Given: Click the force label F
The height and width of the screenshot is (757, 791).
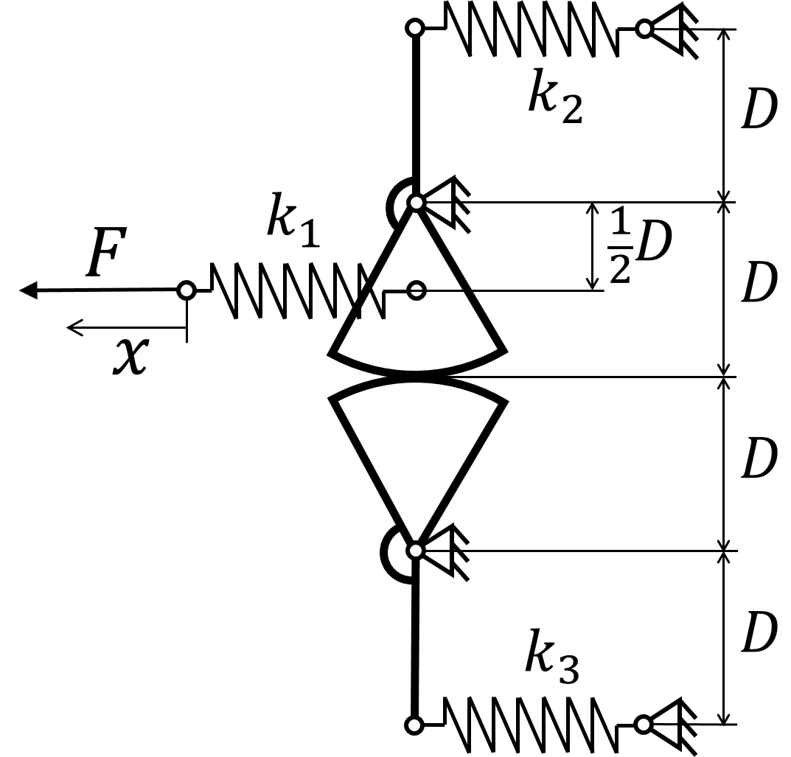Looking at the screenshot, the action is (x=106, y=251).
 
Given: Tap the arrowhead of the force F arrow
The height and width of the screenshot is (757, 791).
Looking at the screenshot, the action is (x=28, y=290).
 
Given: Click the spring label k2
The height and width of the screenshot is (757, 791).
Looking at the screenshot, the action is (x=555, y=97).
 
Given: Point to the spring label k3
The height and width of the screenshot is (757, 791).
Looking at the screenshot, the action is (x=552, y=657).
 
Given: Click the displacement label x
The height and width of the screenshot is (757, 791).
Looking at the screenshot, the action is (x=130, y=355).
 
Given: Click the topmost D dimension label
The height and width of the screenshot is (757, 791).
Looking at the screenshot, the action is (x=759, y=109).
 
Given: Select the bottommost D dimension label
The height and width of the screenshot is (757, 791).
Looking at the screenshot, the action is (x=759, y=632).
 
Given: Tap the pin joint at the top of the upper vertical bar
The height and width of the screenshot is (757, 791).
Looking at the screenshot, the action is (x=415, y=28).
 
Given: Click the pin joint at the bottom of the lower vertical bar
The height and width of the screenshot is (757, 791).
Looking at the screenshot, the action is (x=414, y=725).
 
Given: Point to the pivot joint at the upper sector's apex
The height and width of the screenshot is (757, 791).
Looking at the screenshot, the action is (x=417, y=202).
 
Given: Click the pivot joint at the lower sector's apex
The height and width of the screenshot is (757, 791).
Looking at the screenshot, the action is (x=415, y=551).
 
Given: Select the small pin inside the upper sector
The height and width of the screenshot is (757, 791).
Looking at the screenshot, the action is (x=417, y=290).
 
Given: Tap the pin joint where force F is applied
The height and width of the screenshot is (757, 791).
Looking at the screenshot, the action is (x=187, y=290).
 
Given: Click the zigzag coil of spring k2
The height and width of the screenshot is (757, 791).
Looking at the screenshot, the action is (x=532, y=28).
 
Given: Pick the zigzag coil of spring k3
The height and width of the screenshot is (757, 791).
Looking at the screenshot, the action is (x=531, y=725).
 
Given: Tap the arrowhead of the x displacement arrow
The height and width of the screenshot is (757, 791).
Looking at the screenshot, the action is (x=74, y=328).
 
